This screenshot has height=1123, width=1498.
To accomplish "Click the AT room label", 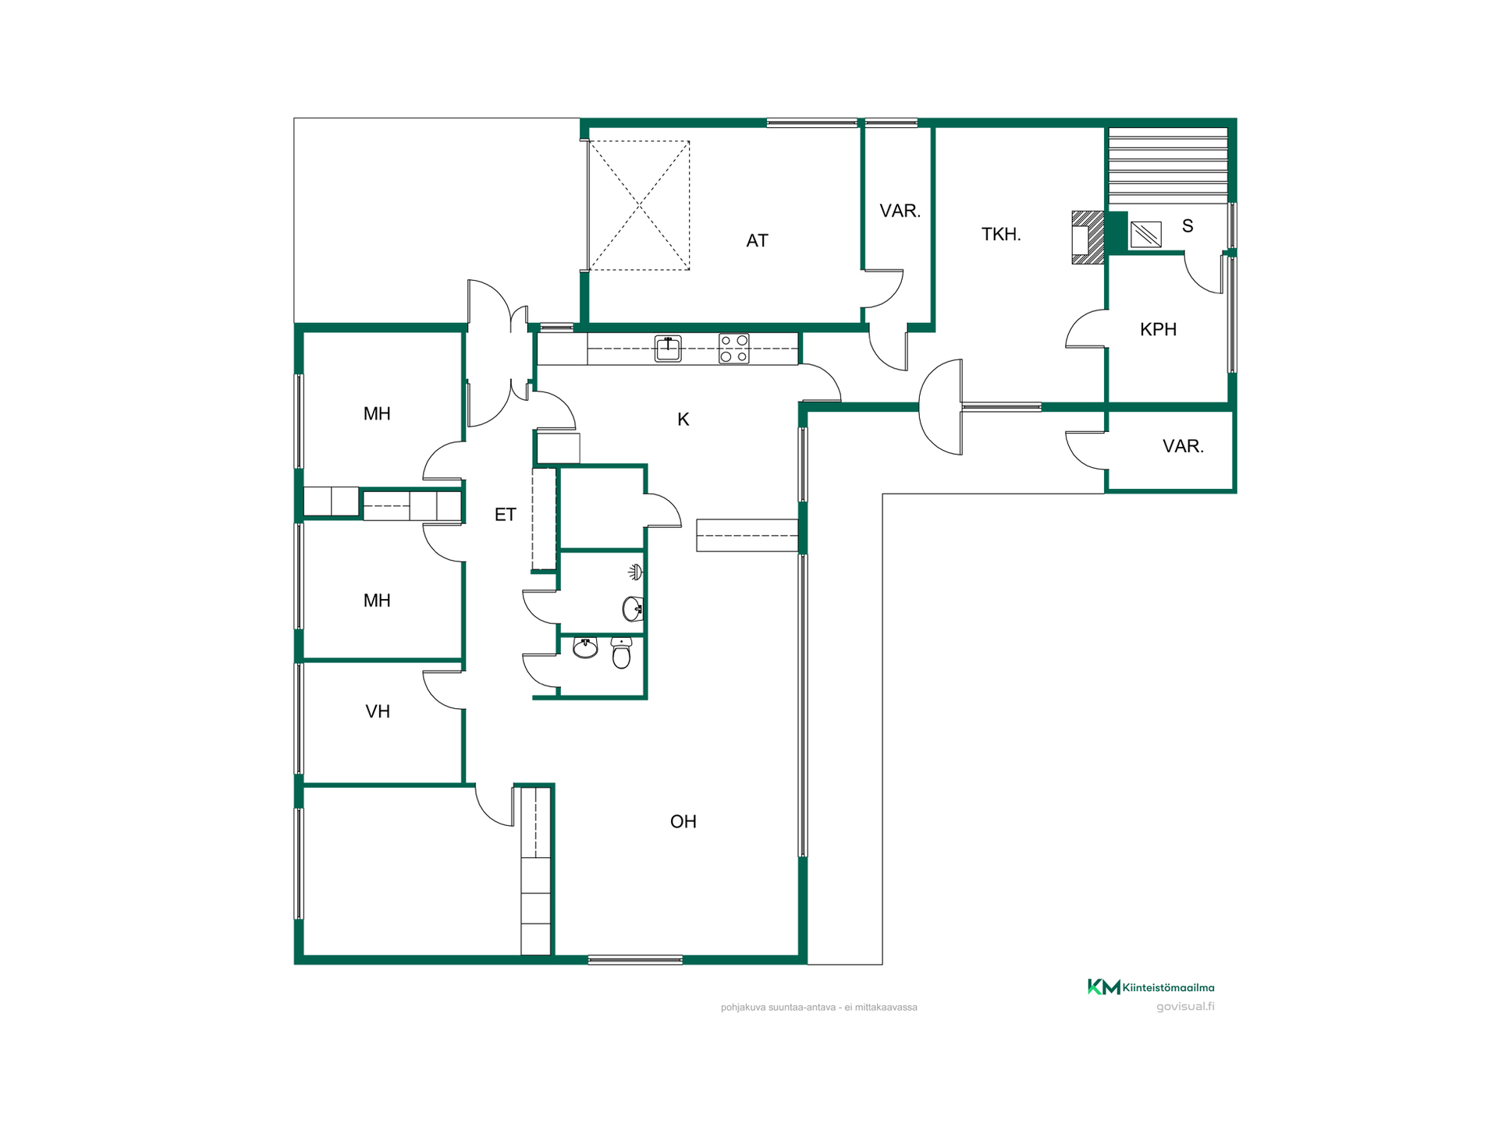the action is click(x=757, y=241).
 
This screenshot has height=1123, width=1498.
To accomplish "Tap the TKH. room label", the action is click(x=1001, y=234).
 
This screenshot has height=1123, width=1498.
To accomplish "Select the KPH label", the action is click(x=1158, y=329).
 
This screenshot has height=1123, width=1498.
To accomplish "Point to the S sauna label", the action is click(x=1187, y=226).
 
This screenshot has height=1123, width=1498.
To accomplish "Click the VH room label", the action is click(x=378, y=711).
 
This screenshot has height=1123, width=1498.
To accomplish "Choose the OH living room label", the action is click(x=683, y=821).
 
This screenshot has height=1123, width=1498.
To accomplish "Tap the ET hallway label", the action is click(x=506, y=515).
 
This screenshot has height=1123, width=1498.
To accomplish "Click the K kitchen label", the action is click(x=683, y=420).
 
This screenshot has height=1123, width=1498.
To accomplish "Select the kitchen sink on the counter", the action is click(x=668, y=349).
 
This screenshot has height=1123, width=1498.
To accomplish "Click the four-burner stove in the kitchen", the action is click(x=733, y=349).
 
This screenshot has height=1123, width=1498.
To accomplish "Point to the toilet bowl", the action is click(x=621, y=654).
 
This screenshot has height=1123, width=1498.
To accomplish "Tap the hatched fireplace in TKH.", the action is click(x=1088, y=238).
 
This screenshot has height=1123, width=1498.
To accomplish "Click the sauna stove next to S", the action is click(x=1145, y=234).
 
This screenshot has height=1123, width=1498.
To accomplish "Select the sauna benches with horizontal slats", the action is click(x=1168, y=165).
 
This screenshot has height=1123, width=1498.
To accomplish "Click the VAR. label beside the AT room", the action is click(x=900, y=211).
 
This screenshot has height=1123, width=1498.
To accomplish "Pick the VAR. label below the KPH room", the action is click(x=1183, y=446).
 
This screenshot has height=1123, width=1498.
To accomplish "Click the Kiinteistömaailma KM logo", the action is click(x=1151, y=987).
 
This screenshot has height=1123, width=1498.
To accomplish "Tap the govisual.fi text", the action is click(x=1185, y=1007).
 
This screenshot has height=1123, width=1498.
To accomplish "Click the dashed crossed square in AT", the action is click(x=639, y=206).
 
